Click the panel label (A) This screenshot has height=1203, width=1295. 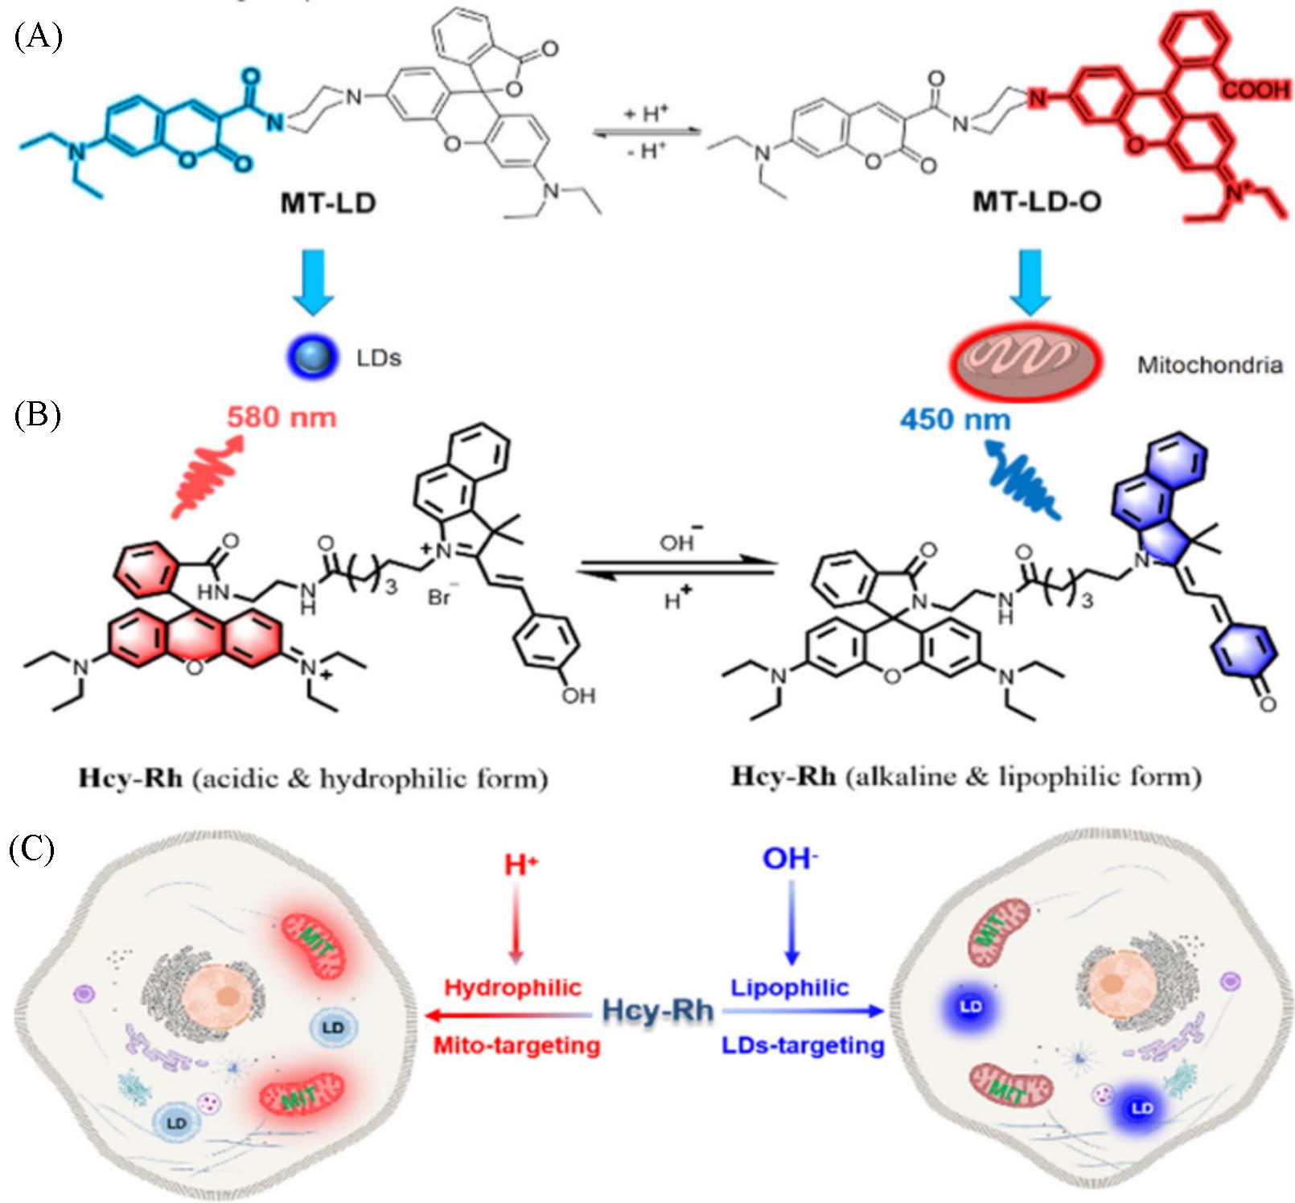coord(38,37)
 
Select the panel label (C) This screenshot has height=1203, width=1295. coord(32,848)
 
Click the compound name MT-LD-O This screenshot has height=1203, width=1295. coord(1037,201)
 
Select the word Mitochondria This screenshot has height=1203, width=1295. coord(1209,365)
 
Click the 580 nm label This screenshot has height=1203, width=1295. coord(282,417)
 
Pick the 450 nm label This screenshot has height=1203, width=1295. coord(955,419)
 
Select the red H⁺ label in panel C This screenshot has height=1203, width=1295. coord(520,865)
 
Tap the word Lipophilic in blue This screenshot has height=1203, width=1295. coord(789,987)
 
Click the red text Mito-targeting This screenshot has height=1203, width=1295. coord(516,1045)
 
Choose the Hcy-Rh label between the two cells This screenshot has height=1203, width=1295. coord(658,1010)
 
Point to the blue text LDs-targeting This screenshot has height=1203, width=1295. coord(803,1045)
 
